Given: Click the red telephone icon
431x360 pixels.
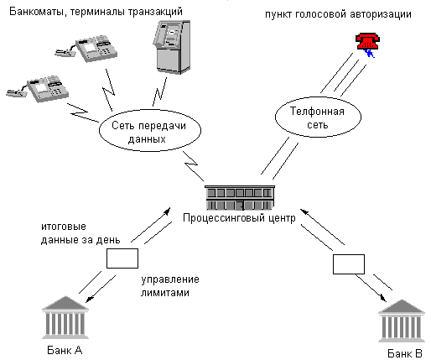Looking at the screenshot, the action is (x=367, y=41).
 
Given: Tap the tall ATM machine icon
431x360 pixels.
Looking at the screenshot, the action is (x=172, y=47).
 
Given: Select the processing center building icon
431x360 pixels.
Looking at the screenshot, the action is (x=240, y=198).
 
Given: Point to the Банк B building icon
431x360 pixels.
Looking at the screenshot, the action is (x=402, y=321).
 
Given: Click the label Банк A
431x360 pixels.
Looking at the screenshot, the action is (x=65, y=350).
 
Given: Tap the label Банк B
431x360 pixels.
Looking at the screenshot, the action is (x=405, y=353).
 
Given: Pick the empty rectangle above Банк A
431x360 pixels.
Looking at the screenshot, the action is (x=122, y=258).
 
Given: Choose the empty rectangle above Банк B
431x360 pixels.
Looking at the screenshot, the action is (x=349, y=264).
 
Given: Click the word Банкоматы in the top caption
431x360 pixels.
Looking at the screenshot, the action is (x=39, y=12).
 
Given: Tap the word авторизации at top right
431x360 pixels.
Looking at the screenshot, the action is (x=381, y=14).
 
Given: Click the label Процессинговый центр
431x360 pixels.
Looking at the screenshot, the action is (x=239, y=218).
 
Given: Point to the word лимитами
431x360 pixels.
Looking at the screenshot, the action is (x=165, y=293).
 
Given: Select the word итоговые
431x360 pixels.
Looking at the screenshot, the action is (x=64, y=227).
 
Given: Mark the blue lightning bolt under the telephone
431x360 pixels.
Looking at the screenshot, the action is (x=369, y=53).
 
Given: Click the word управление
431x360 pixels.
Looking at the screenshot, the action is (x=170, y=279).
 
